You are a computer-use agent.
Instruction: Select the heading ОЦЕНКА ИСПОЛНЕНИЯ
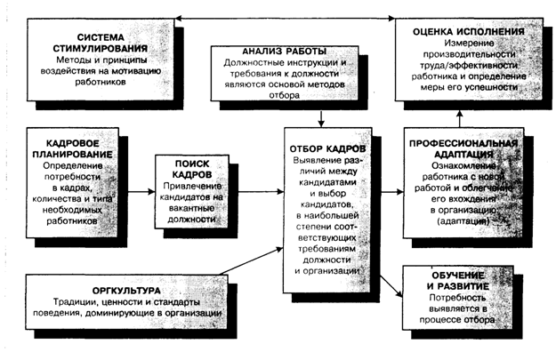pos(466,30)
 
